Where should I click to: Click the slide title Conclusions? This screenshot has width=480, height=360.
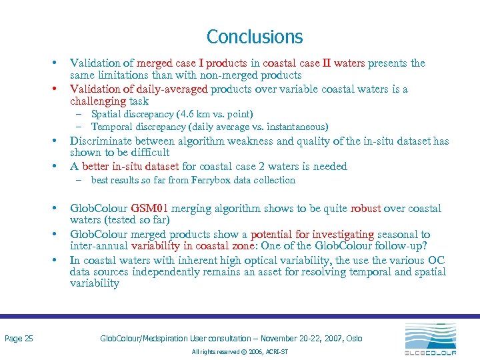pos(255,37)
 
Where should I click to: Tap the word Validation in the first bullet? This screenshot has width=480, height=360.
pos(93,63)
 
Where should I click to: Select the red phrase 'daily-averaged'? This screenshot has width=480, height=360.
pos(176,89)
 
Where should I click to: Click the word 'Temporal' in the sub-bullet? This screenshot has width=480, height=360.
pos(111,127)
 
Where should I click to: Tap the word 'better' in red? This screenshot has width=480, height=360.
pos(95,167)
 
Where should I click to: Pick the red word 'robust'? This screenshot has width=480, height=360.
pos(365,209)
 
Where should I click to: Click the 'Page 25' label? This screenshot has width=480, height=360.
pos(19,339)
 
